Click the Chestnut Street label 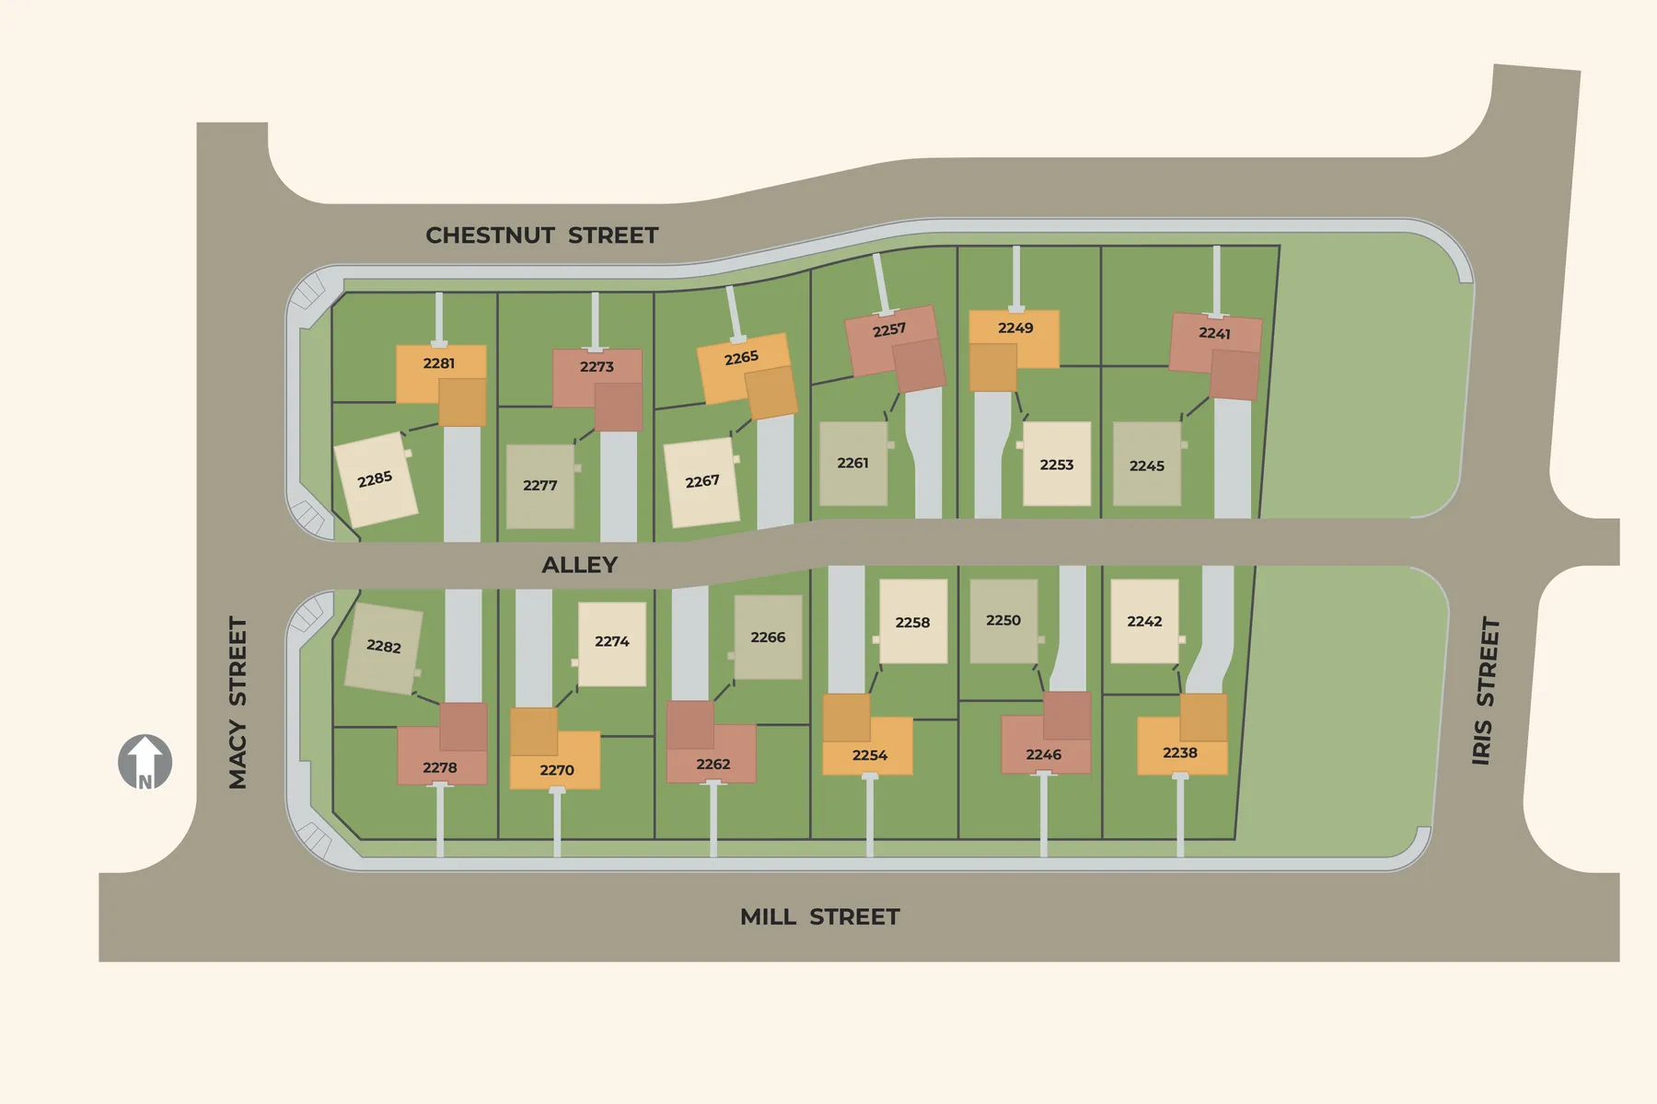pos(541,236)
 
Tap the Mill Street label pos(819,916)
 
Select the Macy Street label pos(238,702)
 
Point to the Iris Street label pos(1485,690)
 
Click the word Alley pos(579,565)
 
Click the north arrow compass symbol pos(145,762)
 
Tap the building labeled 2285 pos(376,479)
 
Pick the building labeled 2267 pos(701,482)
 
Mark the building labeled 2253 pos(1057,465)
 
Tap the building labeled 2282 pos(384,647)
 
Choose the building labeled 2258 pos(912,622)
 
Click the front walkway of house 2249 pos(1016,276)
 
